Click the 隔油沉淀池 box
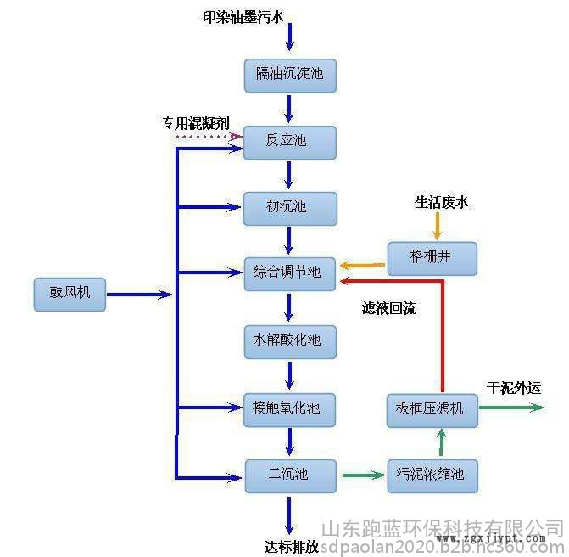pyautogui.click(x=289, y=75)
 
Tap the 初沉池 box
pyautogui.click(x=289, y=207)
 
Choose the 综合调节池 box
pyautogui.click(x=289, y=273)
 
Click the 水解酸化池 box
pyautogui.click(x=289, y=340)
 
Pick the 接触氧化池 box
pyautogui.click(x=289, y=408)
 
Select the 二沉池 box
pyautogui.click(x=289, y=475)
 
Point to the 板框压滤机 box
pyautogui.click(x=432, y=408)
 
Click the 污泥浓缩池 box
pyautogui.click(x=432, y=475)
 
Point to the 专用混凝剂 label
pyautogui.click(x=196, y=122)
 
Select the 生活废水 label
pyautogui.click(x=441, y=202)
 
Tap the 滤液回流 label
pyautogui.click(x=388, y=308)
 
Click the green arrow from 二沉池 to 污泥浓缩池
pyautogui.click(x=362, y=475)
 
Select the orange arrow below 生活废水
pyautogui.click(x=438, y=225)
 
